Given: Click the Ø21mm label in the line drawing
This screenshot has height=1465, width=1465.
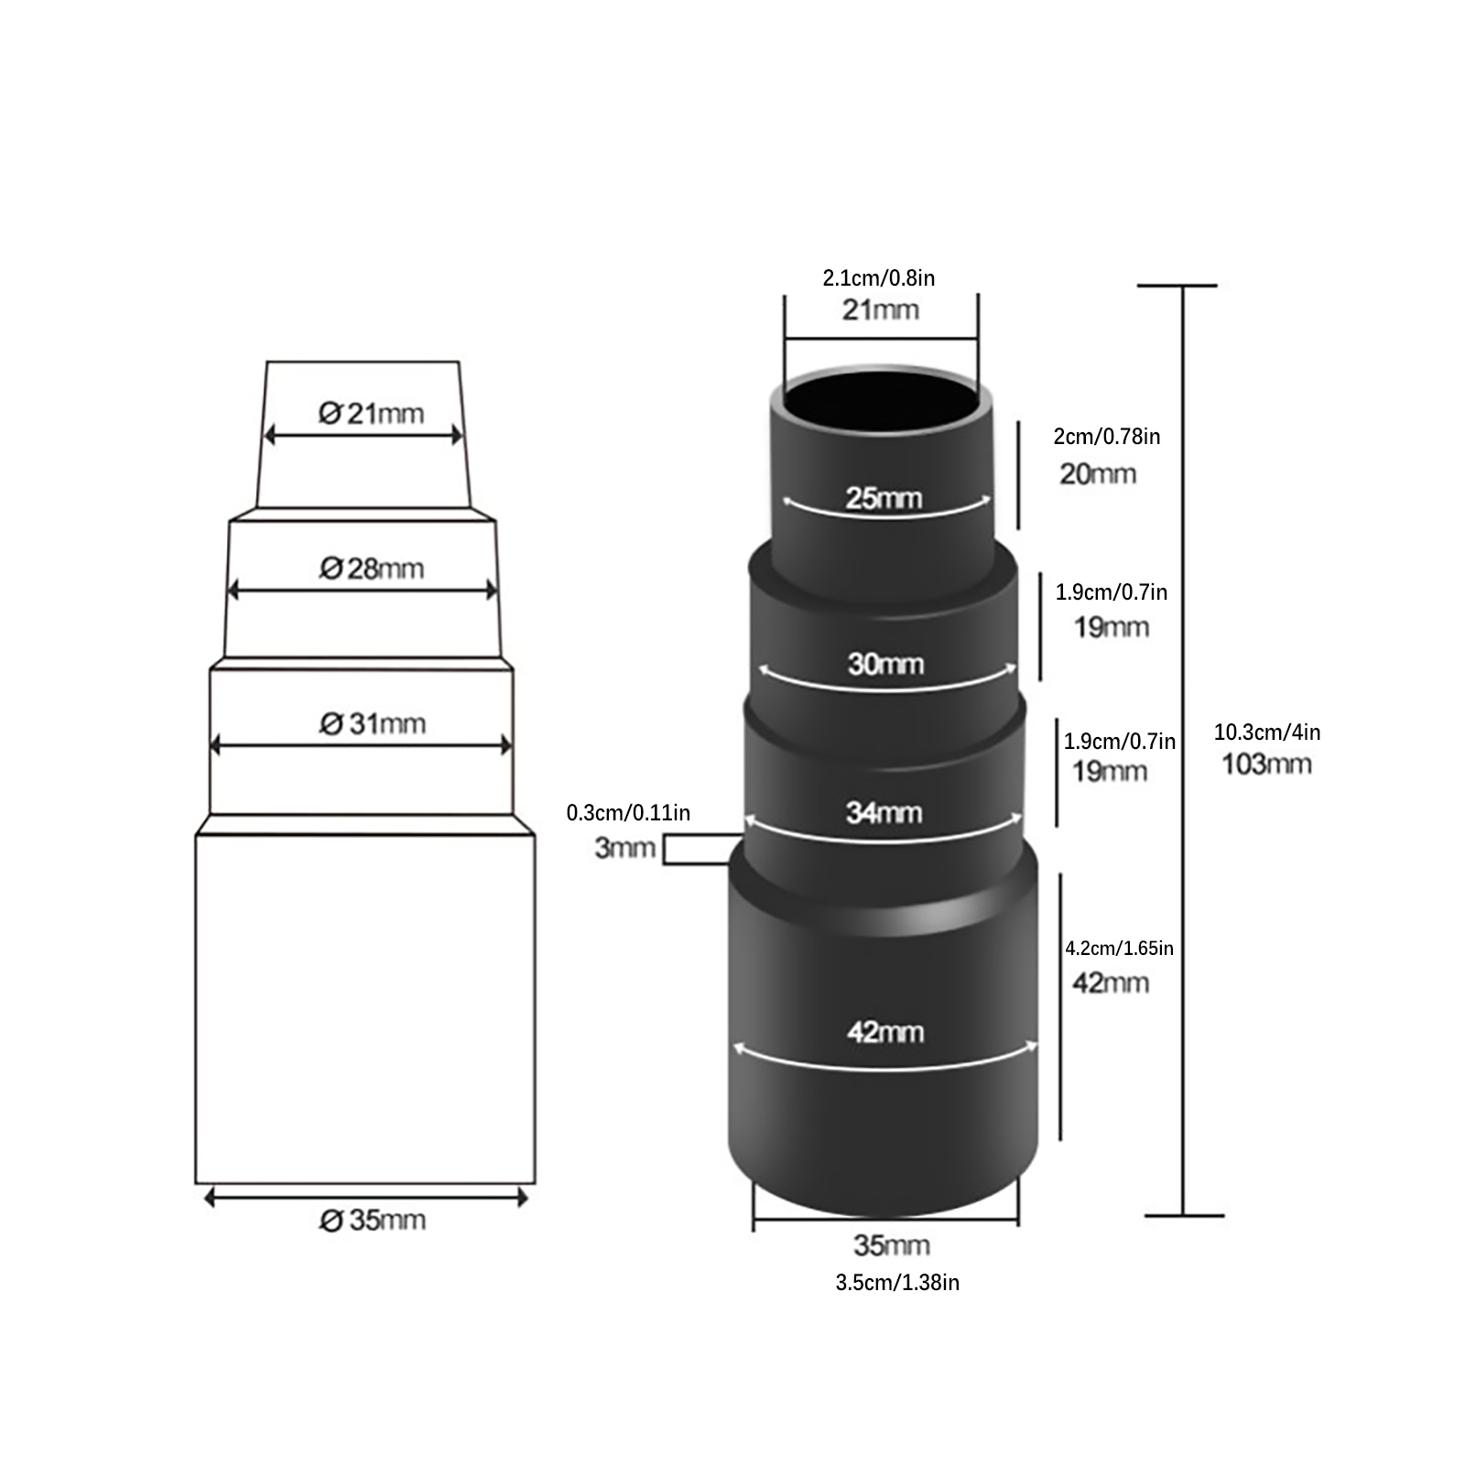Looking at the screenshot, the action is tap(371, 414).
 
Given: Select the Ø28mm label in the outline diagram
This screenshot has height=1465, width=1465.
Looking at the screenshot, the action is tap(371, 569).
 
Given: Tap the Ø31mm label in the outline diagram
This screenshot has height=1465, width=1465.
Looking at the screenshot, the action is tap(372, 724).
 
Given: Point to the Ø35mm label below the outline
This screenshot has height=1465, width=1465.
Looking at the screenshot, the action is tap(372, 1221).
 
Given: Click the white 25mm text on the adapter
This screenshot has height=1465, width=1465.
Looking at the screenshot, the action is tap(884, 498).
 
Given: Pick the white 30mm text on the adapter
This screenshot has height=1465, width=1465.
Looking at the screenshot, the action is tap(885, 664).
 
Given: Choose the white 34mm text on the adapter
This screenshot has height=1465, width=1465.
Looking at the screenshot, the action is tap(884, 812).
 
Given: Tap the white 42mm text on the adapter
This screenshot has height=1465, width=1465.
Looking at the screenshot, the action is tap(885, 1032).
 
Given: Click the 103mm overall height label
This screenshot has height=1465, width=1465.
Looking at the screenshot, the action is tap(1266, 764).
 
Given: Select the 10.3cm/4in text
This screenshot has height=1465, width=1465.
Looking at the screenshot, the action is tap(1267, 732).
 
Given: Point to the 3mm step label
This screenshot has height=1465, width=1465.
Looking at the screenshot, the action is tap(625, 848).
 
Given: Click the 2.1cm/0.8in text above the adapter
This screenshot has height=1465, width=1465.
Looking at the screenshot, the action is tap(879, 277).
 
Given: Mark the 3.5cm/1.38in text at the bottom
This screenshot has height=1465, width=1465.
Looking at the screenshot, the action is tap(897, 1283).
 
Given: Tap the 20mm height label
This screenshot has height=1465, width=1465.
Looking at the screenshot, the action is tap(1098, 474).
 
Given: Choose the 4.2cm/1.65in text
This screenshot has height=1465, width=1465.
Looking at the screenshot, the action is tap(1119, 948).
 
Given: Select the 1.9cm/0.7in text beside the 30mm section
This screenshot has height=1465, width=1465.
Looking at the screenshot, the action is tap(1112, 592).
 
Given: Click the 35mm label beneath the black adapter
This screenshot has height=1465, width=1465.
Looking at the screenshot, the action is tap(892, 1245).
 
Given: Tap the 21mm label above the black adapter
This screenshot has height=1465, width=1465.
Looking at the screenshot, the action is tap(881, 309).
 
